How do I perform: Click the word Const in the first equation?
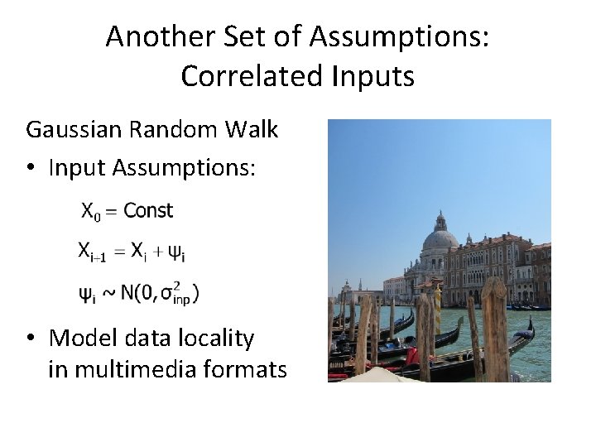point(148,210)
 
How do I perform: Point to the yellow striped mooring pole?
point(437,306)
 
